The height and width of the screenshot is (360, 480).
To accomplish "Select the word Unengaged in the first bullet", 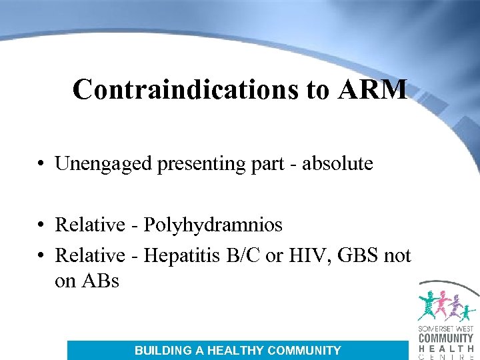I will (x=104, y=164).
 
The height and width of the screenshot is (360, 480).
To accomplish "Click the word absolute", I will (x=338, y=164).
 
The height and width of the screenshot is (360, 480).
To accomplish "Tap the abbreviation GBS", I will (x=356, y=255).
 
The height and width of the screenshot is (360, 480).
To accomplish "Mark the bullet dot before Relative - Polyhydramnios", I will (x=42, y=226).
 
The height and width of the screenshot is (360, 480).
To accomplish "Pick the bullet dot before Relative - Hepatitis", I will (x=42, y=256).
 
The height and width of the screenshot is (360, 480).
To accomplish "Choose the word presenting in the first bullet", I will (x=198, y=164).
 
